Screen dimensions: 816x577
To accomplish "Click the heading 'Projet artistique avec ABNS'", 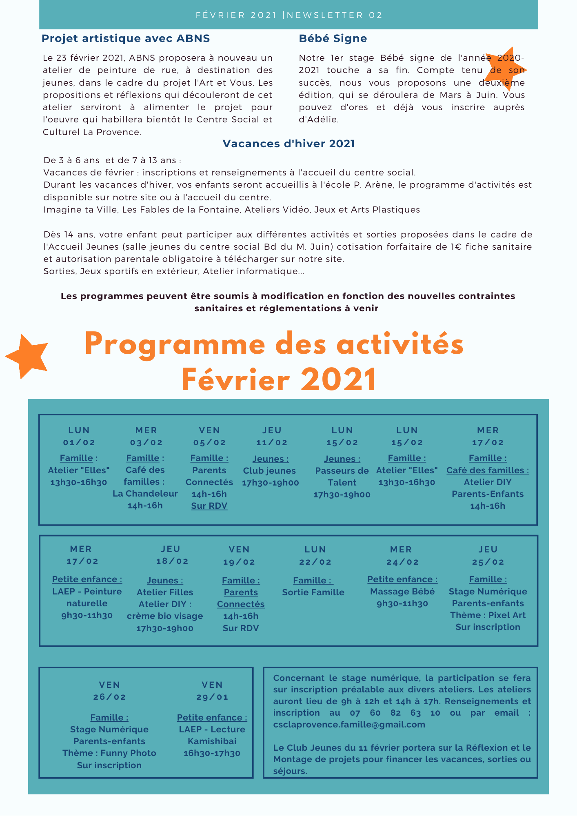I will [126, 39].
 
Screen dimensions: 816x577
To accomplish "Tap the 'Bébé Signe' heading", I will [333, 39].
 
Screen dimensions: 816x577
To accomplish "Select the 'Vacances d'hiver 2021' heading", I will [288, 144].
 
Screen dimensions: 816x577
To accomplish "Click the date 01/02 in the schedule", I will [79, 443].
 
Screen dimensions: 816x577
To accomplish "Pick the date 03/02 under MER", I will [146, 443].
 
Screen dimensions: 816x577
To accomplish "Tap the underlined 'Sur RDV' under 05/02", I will [209, 506].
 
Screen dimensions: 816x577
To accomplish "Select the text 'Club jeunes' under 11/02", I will [269, 471].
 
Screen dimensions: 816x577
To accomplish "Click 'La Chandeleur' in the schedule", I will [145, 494].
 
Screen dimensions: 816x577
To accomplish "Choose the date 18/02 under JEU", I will [172, 561].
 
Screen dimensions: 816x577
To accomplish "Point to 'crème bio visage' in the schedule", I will [165, 616].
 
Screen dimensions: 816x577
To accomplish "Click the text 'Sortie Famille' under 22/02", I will [313, 592].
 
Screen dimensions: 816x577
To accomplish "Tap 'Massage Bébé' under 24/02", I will [402, 592].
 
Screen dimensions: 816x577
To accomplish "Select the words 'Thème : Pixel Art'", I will [488, 615].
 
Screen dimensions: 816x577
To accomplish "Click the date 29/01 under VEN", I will [212, 697].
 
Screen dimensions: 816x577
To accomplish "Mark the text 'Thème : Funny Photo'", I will [109, 753].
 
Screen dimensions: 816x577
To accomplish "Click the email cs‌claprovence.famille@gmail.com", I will [349, 725].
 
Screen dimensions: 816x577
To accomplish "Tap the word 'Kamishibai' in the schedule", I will [212, 741].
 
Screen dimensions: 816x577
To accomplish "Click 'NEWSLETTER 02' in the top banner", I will [335, 15].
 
